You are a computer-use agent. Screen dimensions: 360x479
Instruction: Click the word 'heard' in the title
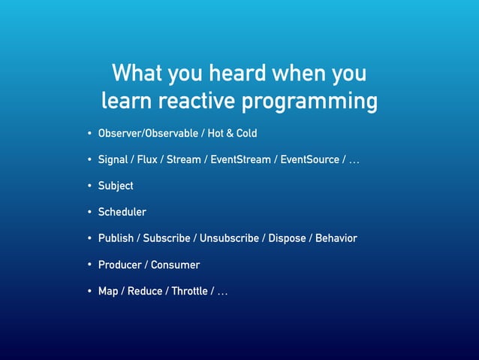coord(239,74)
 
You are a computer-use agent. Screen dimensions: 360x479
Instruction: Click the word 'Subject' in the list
coord(116,186)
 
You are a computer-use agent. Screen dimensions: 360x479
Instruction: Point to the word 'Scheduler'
coord(122,212)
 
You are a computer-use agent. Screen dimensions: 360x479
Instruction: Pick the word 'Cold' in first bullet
coord(246,133)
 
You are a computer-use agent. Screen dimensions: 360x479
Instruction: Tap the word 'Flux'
coord(147,159)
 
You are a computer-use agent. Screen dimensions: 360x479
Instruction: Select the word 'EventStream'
coord(240,159)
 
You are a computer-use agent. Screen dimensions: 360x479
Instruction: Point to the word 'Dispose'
coord(287,238)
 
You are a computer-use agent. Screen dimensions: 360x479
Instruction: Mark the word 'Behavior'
coord(336,238)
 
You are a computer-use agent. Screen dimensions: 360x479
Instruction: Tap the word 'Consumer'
coord(175,265)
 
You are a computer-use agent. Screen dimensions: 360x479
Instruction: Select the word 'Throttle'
coord(189,291)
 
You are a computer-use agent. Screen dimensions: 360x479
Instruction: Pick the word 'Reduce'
coord(145,291)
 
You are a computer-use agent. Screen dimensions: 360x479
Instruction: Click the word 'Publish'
coord(116,238)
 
